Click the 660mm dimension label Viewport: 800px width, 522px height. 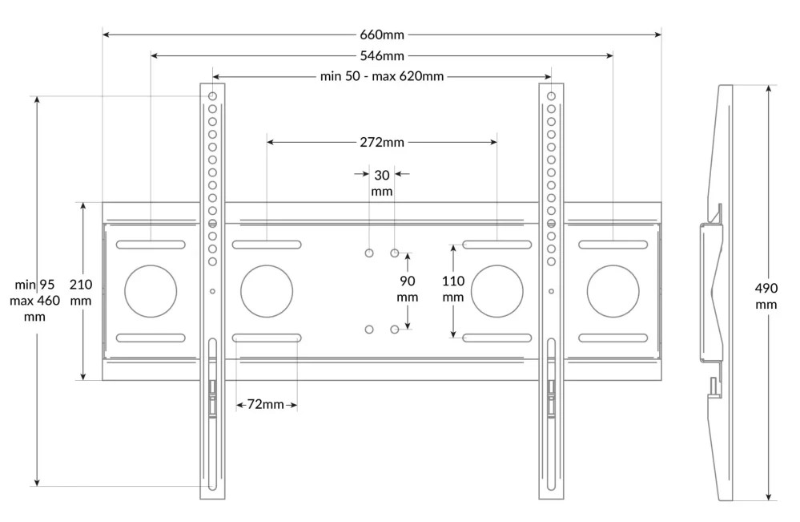point(382,34)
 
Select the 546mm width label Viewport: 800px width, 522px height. point(382,55)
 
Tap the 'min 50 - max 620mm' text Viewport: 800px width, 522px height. point(382,77)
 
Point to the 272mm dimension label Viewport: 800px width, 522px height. point(382,142)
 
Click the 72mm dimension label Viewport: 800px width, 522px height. point(265,404)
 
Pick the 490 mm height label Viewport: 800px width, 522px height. point(766,296)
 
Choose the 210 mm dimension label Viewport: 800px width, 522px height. point(81,292)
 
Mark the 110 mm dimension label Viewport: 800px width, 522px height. point(453,289)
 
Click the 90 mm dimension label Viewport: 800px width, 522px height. point(407,289)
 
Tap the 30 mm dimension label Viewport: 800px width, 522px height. point(382,183)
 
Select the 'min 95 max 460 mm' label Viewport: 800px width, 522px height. point(34,301)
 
